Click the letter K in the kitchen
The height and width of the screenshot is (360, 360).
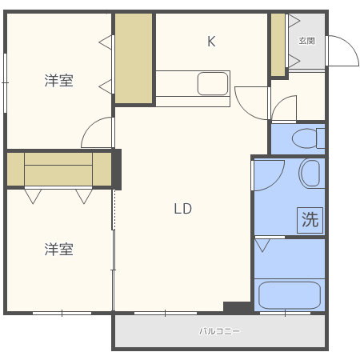(211, 42)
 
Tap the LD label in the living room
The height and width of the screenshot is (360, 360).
(183, 209)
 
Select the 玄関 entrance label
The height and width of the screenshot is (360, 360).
(306, 40)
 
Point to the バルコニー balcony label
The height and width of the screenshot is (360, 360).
(219, 330)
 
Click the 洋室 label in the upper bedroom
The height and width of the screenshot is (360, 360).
(58, 80)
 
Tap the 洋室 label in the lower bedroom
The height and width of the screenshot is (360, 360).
(58, 250)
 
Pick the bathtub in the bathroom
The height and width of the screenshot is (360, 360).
(289, 294)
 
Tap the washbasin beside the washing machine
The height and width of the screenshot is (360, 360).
(310, 173)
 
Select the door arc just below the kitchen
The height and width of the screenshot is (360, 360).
(250, 99)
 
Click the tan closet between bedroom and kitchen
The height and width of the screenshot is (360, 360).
(134, 58)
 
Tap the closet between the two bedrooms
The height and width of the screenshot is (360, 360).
(59, 169)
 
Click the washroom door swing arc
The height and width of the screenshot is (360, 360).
(268, 174)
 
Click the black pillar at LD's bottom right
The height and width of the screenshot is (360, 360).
(238, 306)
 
